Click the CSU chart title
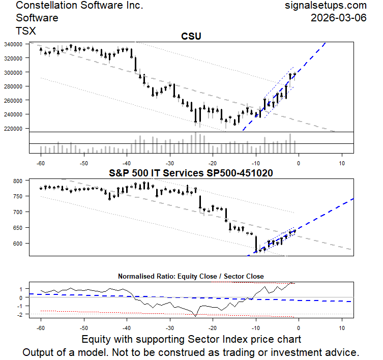point(191,36)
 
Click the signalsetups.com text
point(326,6)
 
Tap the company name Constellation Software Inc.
point(80,6)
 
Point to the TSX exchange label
point(26,31)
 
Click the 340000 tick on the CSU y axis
point(17,44)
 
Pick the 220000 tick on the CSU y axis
point(17,129)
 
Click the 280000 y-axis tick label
point(17,86)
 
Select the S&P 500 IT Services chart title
point(191,173)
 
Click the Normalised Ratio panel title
point(191,277)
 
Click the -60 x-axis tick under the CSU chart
point(41,163)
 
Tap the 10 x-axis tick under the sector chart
point(342,264)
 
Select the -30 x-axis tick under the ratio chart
point(170,328)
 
